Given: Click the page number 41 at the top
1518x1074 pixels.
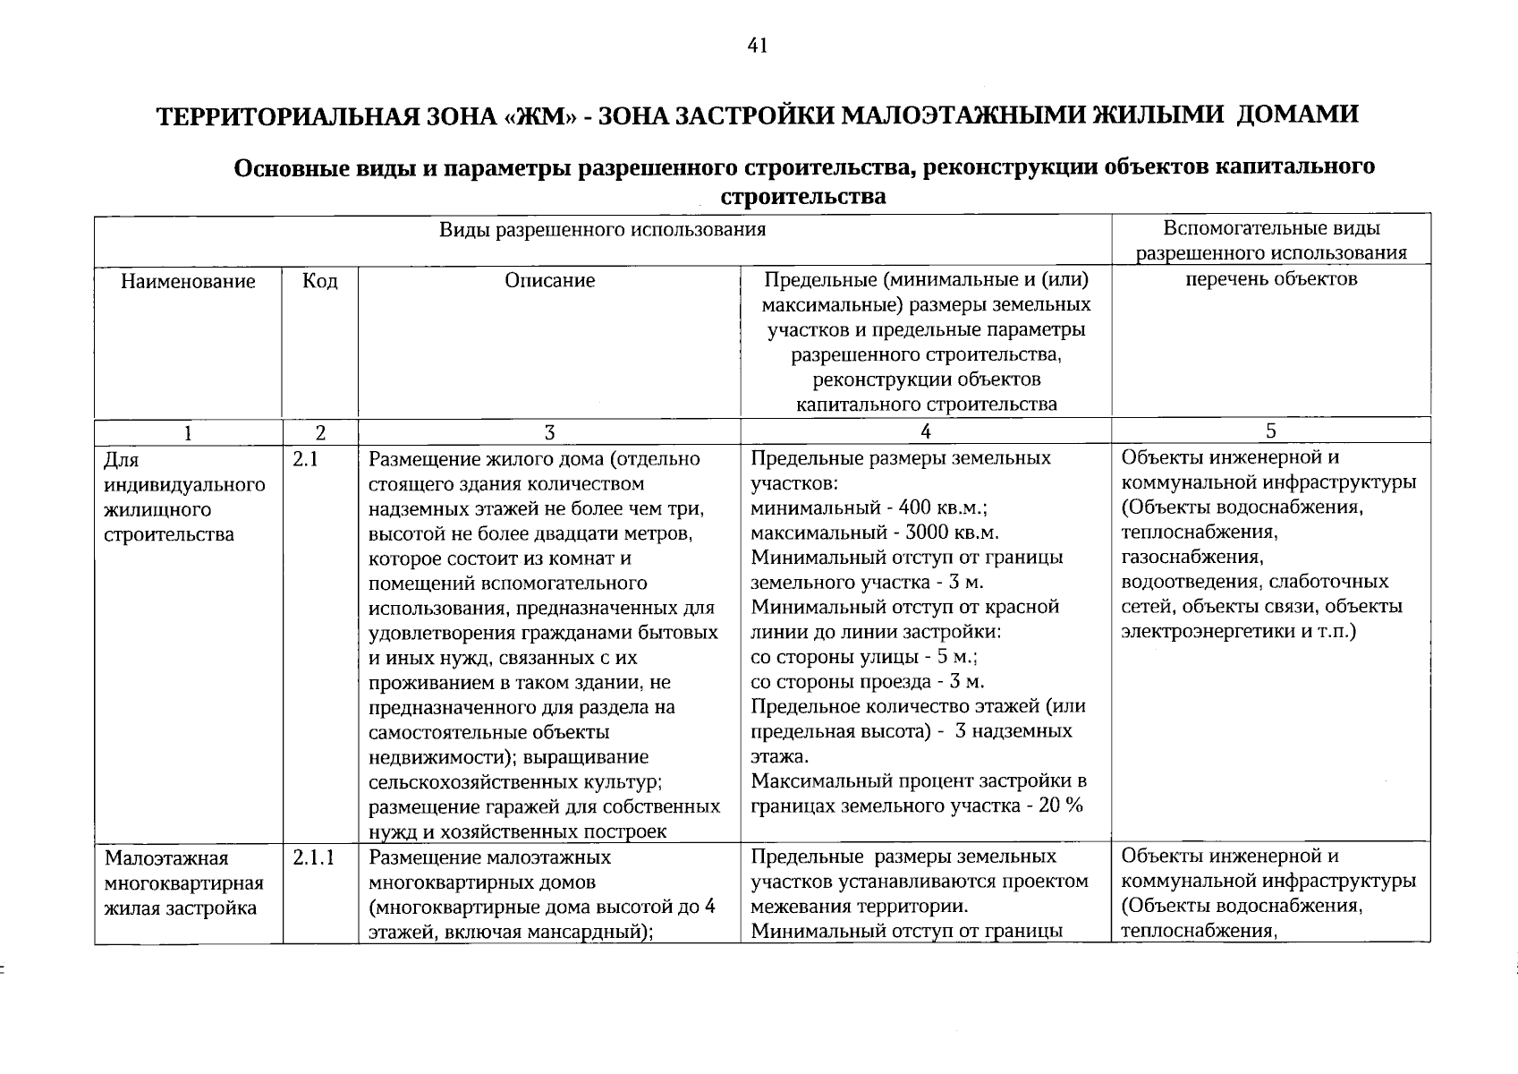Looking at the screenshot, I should [x=757, y=47].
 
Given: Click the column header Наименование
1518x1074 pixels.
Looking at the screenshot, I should [x=188, y=282].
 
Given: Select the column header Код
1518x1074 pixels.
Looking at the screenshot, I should [x=320, y=282].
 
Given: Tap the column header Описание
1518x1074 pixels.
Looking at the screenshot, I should [x=549, y=281].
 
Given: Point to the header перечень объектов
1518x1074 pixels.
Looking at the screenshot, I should [x=1271, y=279].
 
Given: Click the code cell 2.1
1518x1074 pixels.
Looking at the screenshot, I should [x=306, y=460].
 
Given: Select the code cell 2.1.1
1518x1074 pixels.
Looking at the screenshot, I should [x=313, y=858].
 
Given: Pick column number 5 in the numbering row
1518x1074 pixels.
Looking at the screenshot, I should [x=1271, y=432].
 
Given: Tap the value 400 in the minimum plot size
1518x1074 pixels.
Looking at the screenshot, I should [x=914, y=508].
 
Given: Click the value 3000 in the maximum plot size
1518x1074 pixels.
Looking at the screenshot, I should [x=926, y=533].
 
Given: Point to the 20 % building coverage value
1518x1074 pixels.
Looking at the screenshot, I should [x=1062, y=805].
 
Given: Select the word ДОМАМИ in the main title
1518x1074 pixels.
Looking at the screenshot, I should [x=1298, y=115].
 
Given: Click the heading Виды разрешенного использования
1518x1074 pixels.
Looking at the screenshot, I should [x=602, y=230].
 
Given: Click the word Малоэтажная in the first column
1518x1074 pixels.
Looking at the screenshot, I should [x=166, y=859].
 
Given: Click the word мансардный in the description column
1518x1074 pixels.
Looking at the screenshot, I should [x=594, y=932].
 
